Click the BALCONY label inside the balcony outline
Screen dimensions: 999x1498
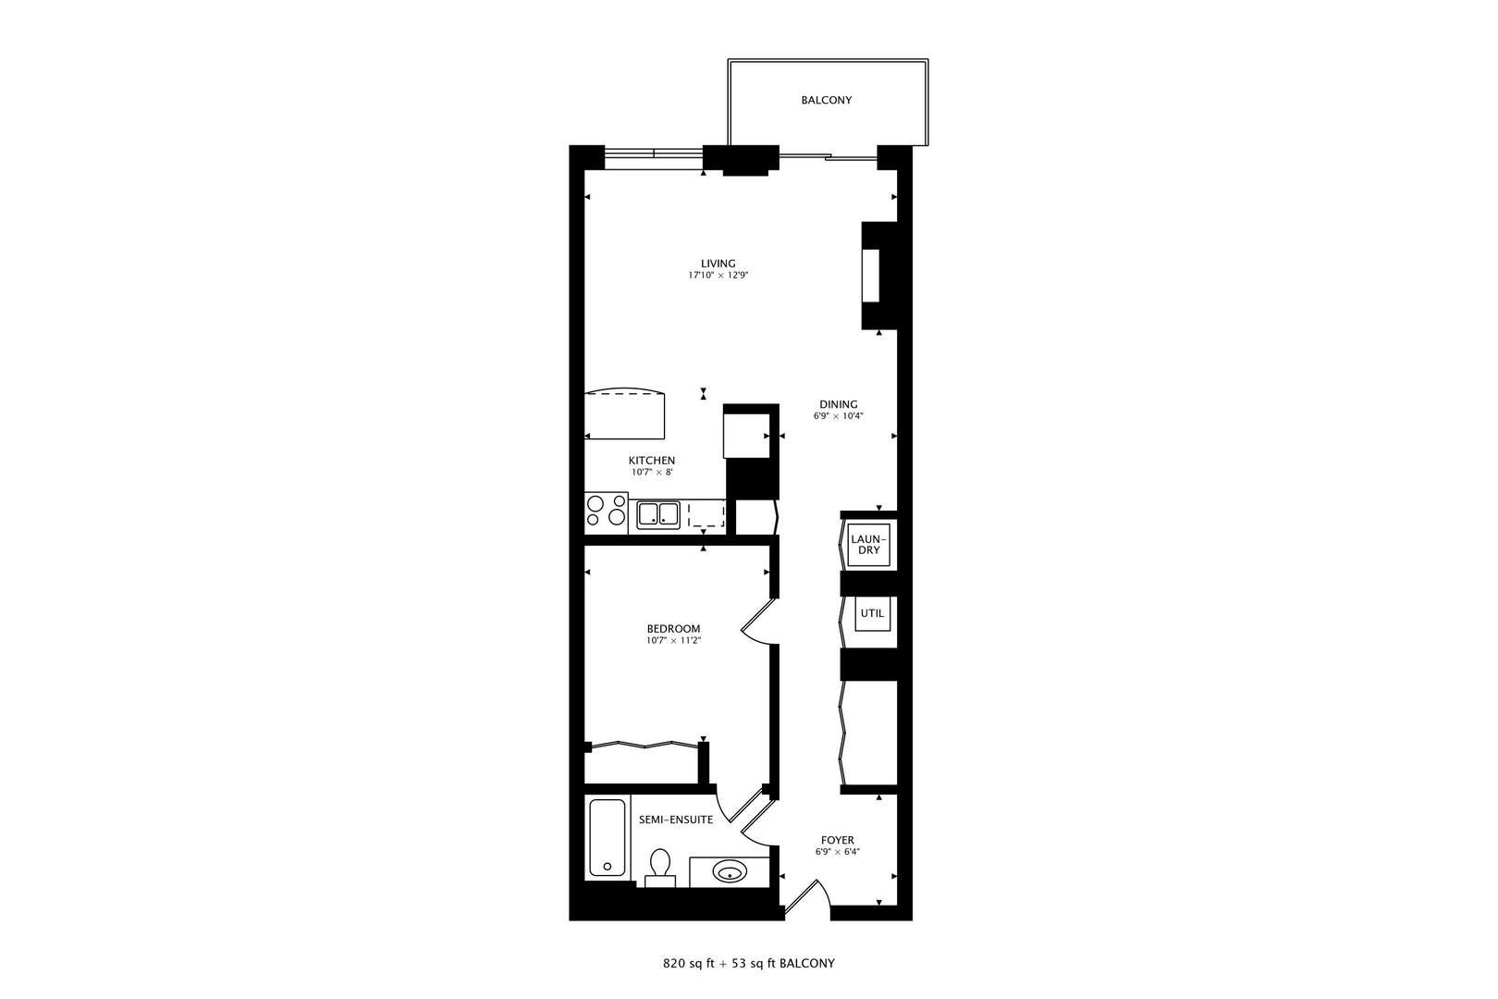826,100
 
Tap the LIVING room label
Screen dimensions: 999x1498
718,264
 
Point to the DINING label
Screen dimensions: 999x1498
838,404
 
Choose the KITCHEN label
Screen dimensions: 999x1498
652,461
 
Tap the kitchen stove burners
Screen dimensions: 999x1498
606,512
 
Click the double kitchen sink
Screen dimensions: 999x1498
657,513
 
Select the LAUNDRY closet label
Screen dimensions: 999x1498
868,545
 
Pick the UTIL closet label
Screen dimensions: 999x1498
872,613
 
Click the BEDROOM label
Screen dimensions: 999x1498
673,629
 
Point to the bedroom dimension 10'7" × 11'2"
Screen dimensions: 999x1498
674,640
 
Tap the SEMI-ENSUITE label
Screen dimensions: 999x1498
676,820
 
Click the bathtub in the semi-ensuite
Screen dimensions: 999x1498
608,838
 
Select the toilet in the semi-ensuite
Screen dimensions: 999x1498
660,866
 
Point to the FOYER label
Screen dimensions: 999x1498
835,841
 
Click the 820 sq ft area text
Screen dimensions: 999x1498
691,964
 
